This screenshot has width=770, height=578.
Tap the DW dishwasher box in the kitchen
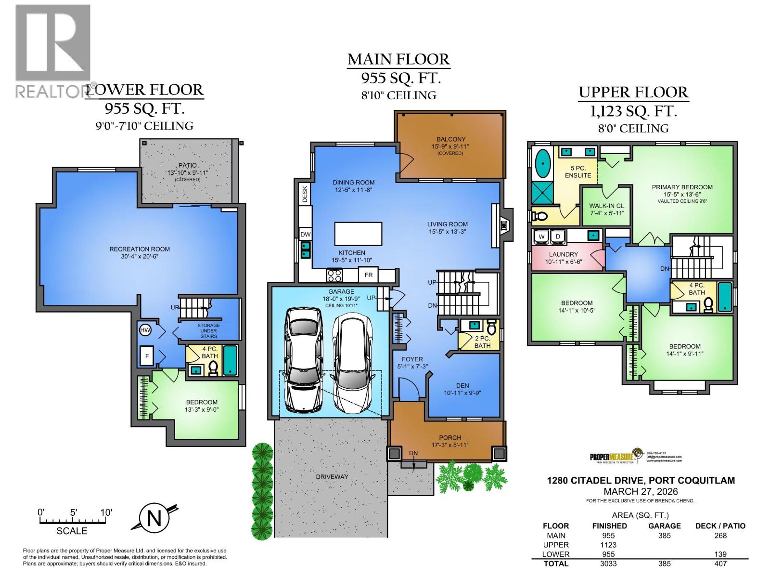305,235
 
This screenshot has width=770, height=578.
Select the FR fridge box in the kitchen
369,275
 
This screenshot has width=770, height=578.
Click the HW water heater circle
145,330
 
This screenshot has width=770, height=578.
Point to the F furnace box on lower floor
147,356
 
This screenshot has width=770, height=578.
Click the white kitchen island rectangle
359,234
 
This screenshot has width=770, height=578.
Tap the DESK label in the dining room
305,194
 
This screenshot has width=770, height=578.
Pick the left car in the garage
304,360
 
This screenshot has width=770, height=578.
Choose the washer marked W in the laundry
541,236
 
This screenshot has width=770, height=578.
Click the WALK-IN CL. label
606,209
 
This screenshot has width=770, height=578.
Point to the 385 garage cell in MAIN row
664,535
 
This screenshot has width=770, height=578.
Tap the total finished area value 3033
609,563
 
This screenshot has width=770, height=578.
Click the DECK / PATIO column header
720,526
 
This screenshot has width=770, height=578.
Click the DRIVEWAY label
332,476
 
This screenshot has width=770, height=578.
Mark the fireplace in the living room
503,224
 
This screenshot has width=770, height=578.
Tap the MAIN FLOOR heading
398,59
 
